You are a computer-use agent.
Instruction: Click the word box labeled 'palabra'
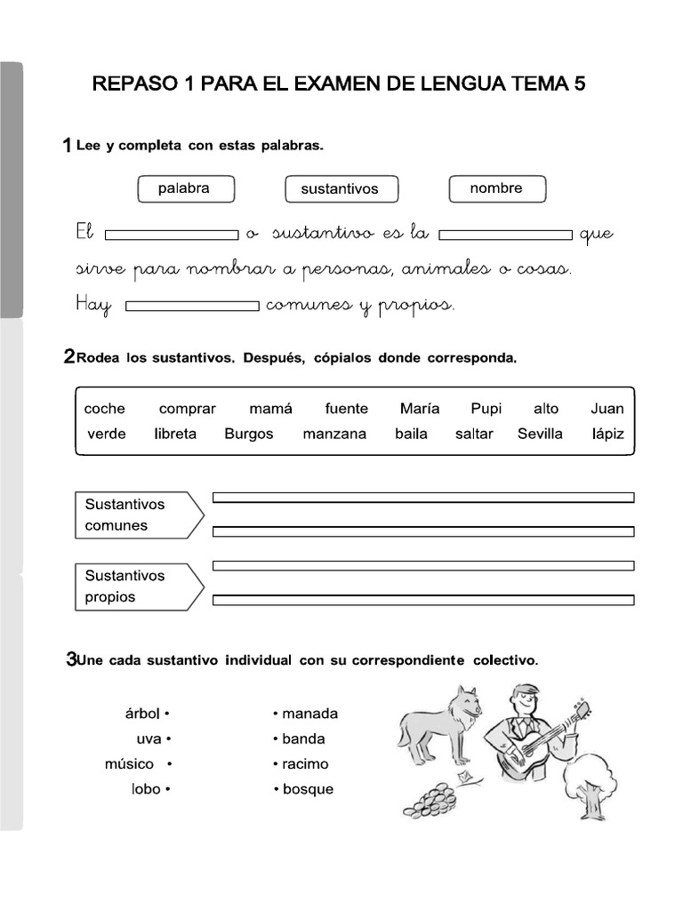click(186, 188)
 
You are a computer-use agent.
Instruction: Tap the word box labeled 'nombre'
click(496, 188)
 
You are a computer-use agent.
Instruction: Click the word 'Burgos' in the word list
click(249, 435)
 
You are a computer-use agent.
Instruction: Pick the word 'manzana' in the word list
click(334, 435)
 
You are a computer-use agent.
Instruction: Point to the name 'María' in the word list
click(420, 409)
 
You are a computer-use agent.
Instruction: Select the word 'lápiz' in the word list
click(607, 435)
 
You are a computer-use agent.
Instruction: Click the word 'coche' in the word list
click(105, 409)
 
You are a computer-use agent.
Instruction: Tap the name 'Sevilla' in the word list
click(540, 435)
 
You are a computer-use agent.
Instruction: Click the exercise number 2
click(69, 357)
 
